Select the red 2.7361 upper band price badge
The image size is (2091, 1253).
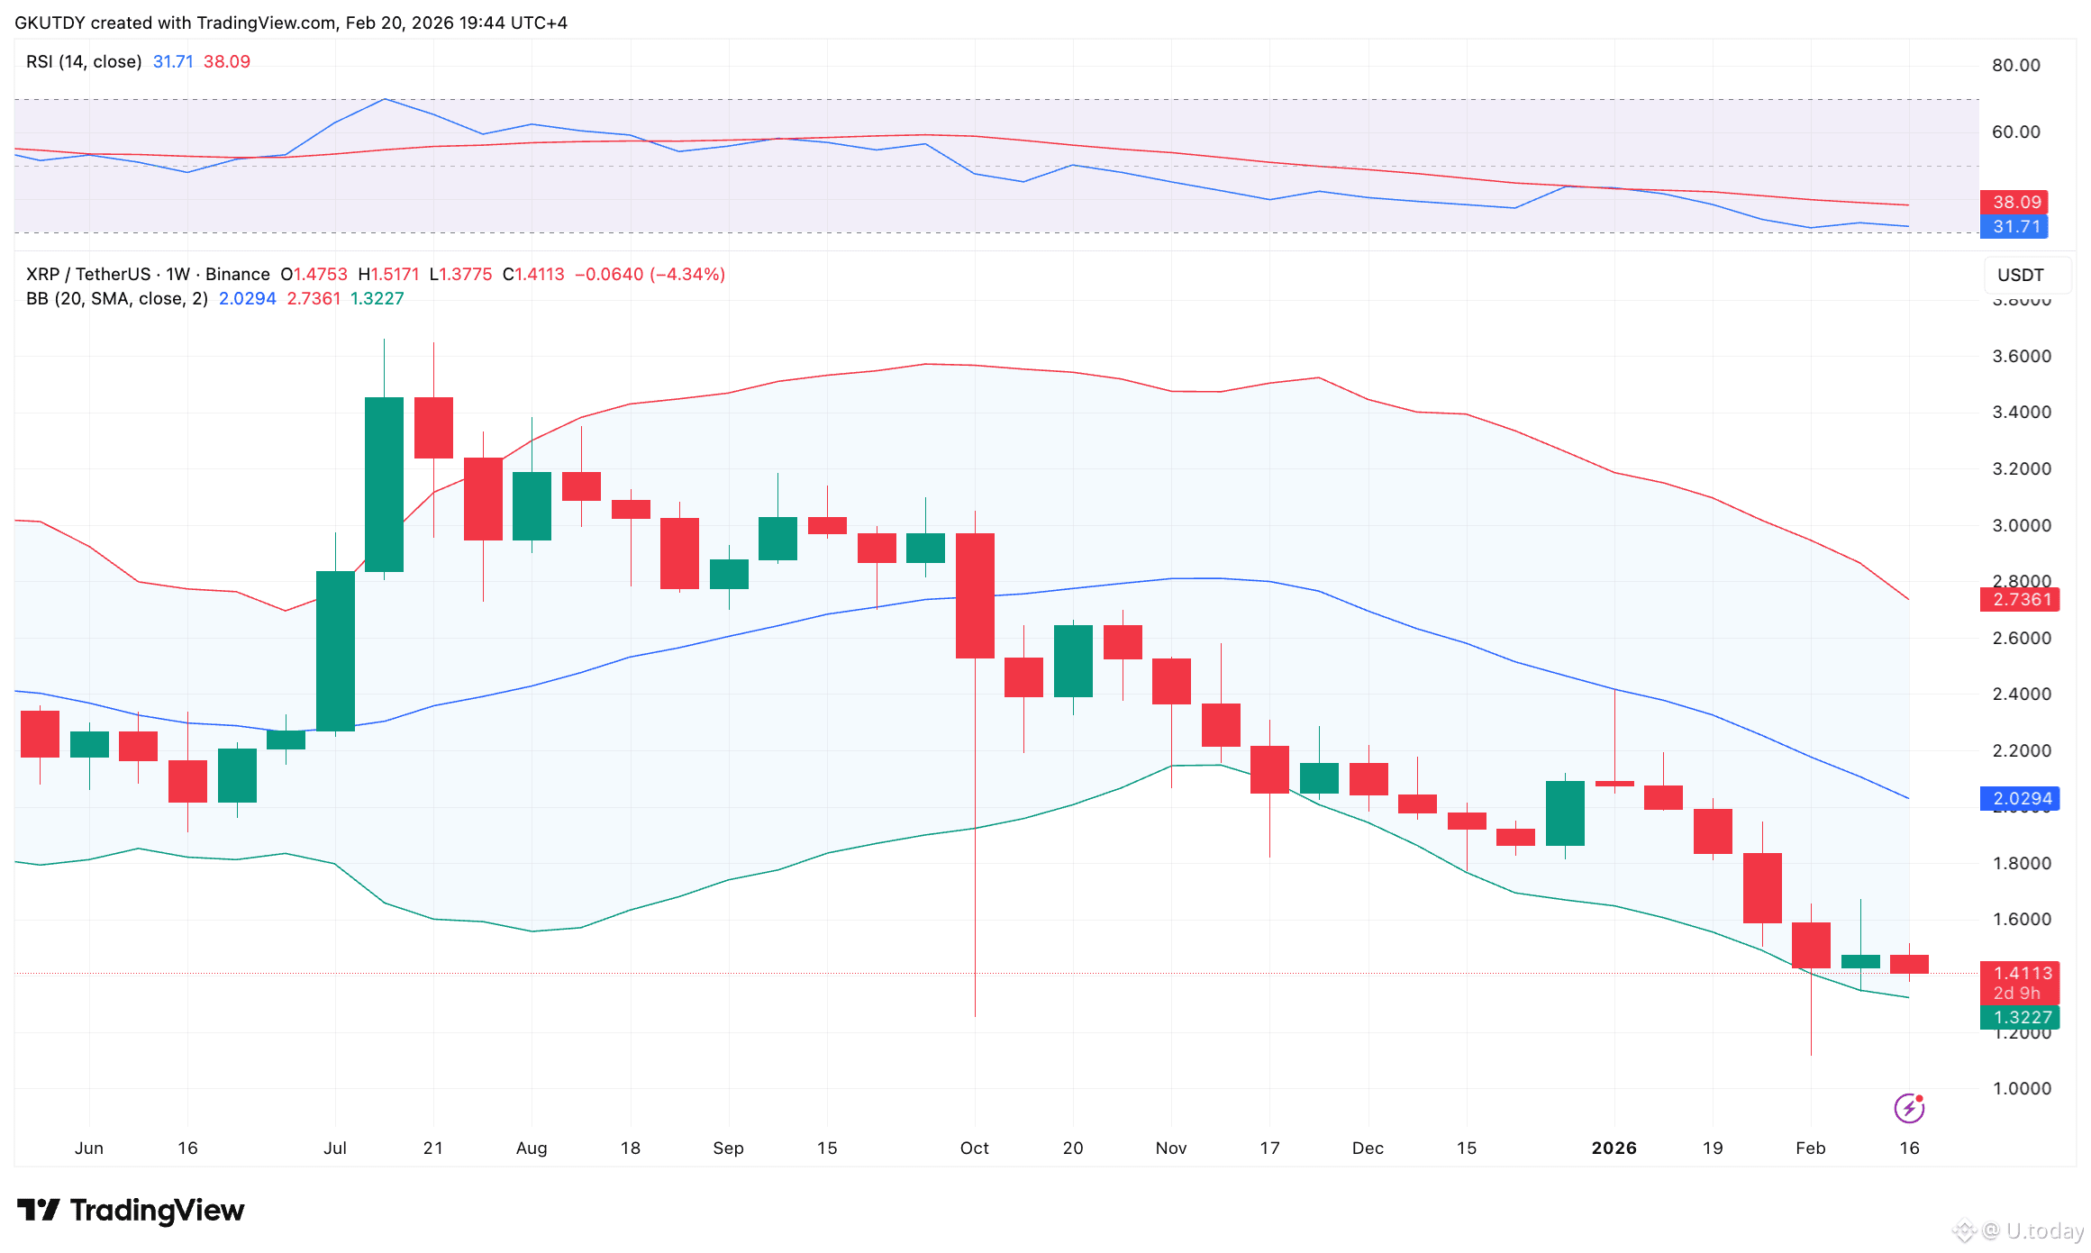(x=2020, y=599)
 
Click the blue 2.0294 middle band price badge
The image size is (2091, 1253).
(x=2020, y=798)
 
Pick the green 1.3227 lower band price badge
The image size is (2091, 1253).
(x=2020, y=1017)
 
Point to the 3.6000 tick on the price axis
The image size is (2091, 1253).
(x=2021, y=356)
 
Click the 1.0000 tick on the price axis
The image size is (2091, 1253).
(x=2021, y=1088)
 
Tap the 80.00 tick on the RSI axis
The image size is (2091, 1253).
(x=2015, y=65)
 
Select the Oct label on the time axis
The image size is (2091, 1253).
(x=974, y=1148)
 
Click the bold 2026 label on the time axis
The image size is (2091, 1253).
(x=1614, y=1148)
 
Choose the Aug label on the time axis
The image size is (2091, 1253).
(x=532, y=1148)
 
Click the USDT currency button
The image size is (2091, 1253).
(x=2021, y=275)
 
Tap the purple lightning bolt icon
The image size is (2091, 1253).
(x=1909, y=1108)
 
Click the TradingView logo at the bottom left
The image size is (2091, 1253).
(x=131, y=1210)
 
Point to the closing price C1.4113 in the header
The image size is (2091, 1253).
(x=533, y=274)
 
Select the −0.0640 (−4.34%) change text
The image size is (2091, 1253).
(x=650, y=274)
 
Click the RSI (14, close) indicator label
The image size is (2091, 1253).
(x=84, y=61)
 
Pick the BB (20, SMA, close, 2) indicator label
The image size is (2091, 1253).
(x=116, y=298)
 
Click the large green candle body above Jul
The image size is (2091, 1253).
(x=335, y=650)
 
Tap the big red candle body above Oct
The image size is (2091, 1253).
(x=975, y=595)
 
